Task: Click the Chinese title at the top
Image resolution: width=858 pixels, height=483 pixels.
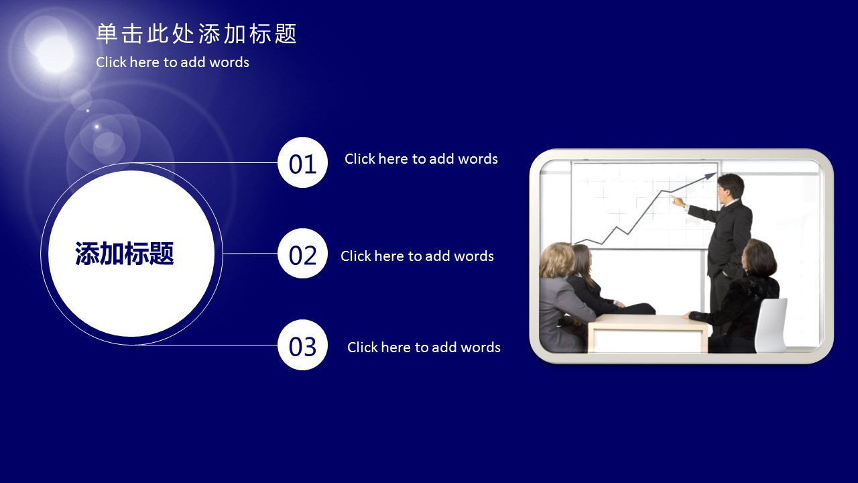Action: (196, 34)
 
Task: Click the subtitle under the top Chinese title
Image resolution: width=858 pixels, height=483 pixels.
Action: (172, 62)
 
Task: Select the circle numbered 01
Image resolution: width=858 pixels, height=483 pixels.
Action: (302, 162)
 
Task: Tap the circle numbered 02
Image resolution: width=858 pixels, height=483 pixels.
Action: (302, 254)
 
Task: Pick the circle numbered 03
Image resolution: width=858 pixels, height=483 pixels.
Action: (302, 345)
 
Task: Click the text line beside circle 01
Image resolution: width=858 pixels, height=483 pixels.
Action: (421, 159)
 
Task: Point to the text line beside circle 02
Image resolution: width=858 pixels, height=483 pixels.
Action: (417, 256)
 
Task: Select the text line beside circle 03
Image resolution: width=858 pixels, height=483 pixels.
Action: (424, 347)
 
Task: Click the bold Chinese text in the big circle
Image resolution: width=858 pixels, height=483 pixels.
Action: (125, 254)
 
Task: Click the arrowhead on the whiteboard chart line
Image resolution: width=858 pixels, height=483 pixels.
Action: (710, 176)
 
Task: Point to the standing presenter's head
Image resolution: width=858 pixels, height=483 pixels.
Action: (731, 189)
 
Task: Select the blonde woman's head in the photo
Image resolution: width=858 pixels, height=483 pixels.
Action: (557, 260)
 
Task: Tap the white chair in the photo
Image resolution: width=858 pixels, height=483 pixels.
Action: (771, 325)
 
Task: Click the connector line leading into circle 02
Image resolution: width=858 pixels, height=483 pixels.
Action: (251, 254)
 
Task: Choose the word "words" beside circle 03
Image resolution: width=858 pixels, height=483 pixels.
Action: (481, 347)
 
